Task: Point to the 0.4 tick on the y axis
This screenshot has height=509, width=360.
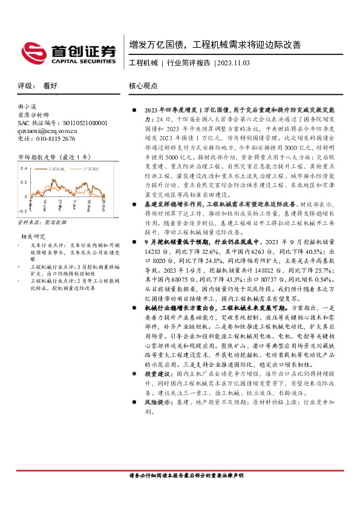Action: [x=23, y=167]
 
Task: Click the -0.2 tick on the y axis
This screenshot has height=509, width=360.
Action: [x=22, y=212]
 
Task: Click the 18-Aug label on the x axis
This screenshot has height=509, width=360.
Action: [x=88, y=204]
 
